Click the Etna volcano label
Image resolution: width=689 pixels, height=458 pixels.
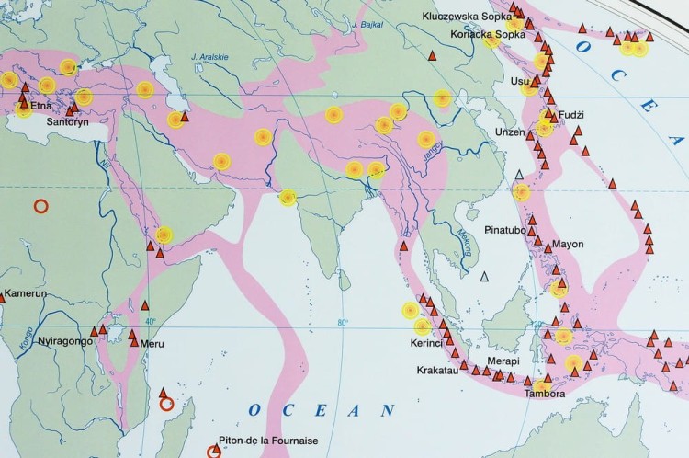pos(40,107)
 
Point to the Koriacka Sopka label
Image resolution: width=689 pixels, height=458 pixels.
pos(488,34)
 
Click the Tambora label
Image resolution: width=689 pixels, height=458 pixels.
pos(544,395)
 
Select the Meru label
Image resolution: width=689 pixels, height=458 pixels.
pos(152,344)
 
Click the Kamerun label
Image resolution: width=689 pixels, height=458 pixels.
pos(25,294)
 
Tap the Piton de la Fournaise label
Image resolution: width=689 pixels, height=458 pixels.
pos(268,441)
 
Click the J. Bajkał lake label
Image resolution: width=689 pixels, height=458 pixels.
pos(360,19)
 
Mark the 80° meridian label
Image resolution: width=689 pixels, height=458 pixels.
pos(344,323)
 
